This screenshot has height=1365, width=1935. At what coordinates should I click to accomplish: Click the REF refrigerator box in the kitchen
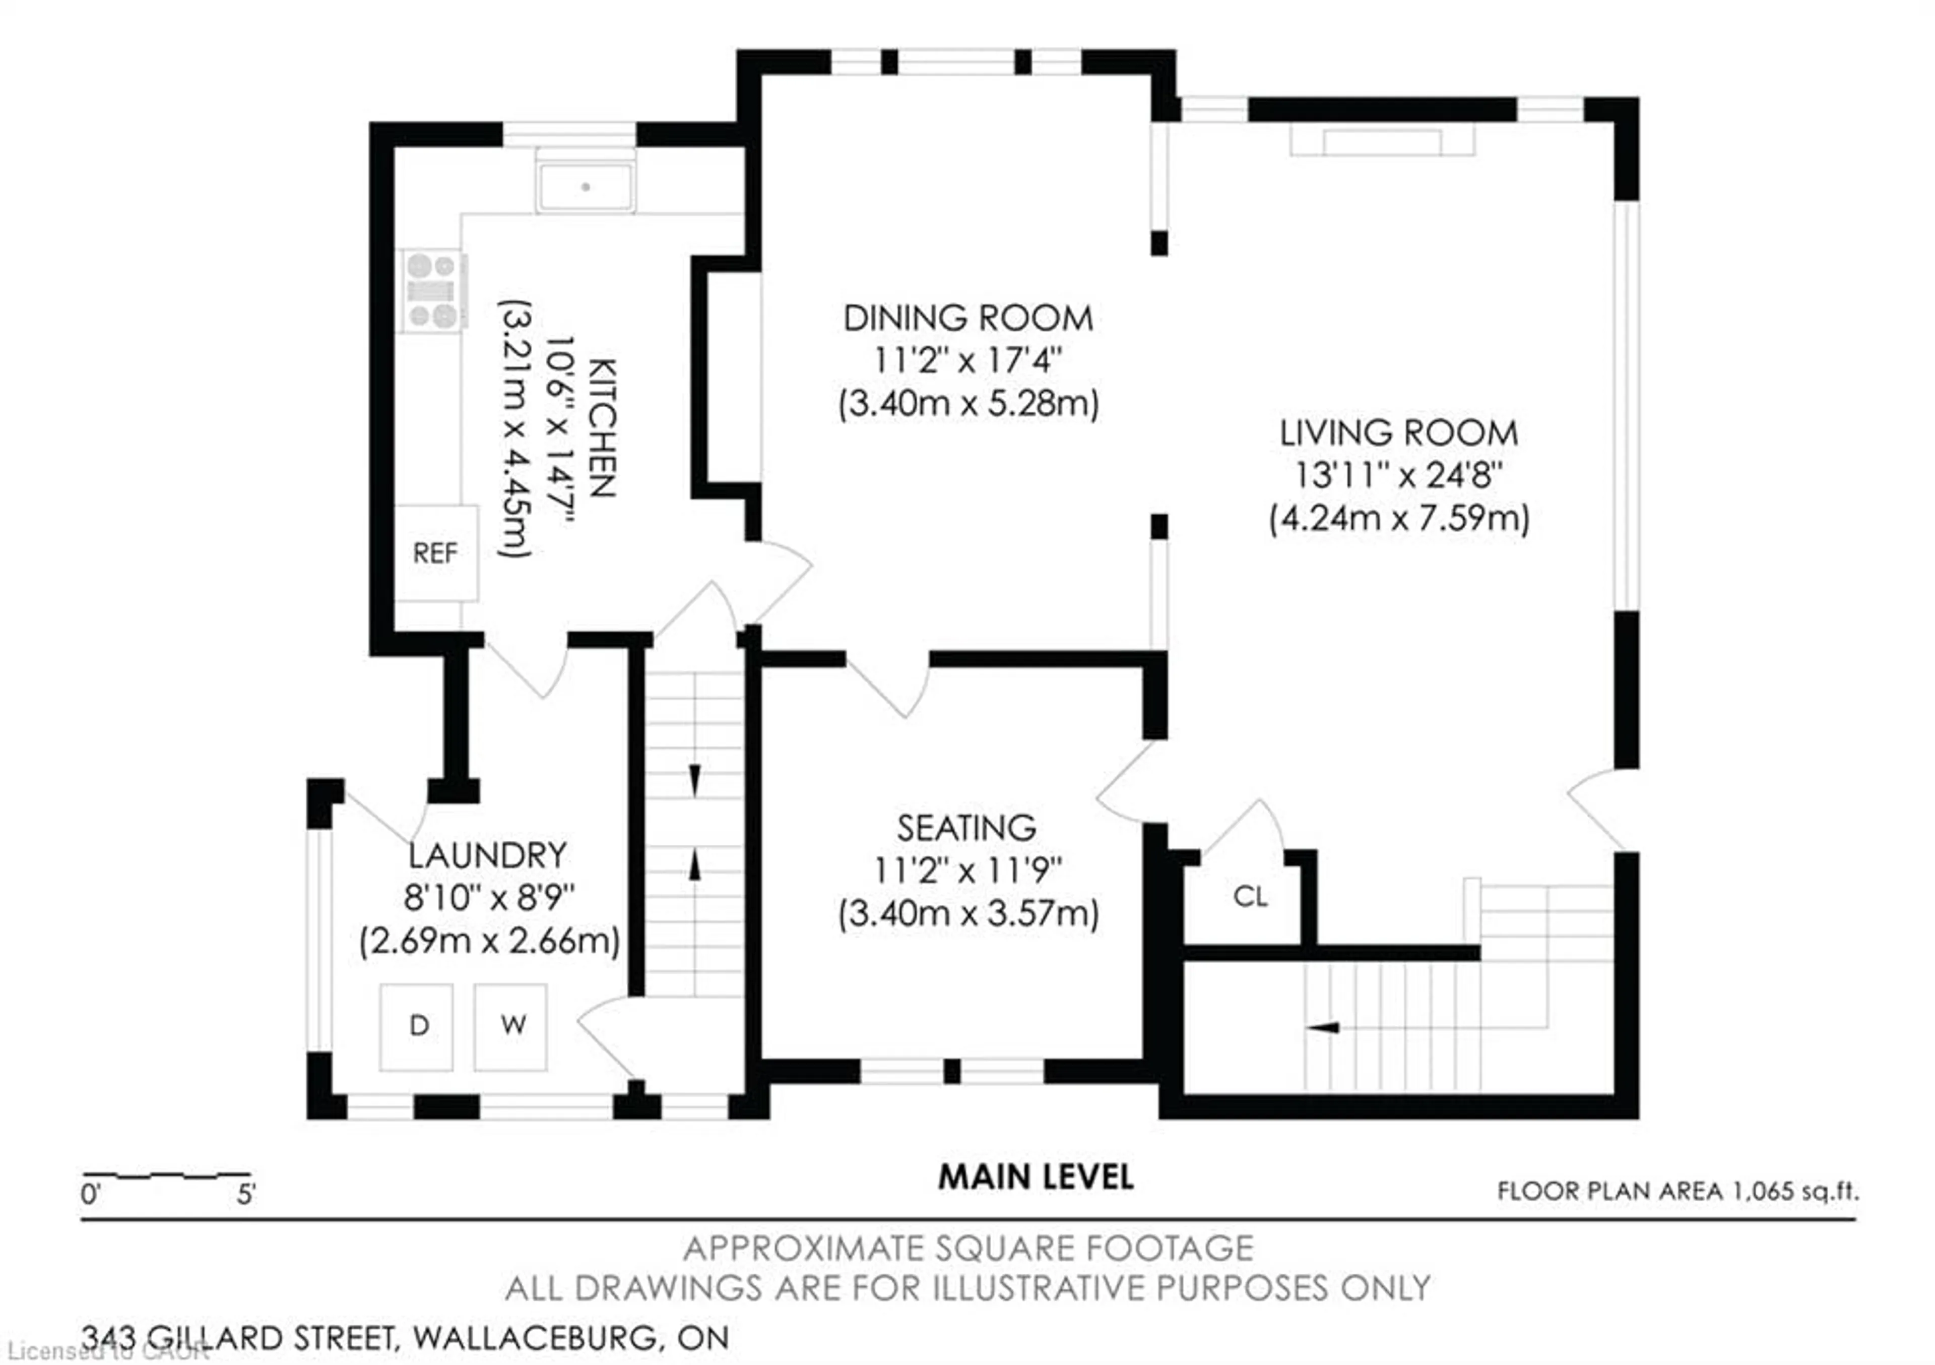[x=436, y=553]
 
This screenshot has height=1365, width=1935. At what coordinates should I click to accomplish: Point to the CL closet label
[x=1250, y=896]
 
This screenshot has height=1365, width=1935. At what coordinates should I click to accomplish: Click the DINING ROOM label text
[x=969, y=319]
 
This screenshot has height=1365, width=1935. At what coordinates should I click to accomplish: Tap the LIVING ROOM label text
[x=1399, y=433]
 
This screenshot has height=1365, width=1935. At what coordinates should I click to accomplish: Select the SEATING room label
[x=966, y=829]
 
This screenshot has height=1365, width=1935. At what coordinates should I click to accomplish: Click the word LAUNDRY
[x=488, y=856]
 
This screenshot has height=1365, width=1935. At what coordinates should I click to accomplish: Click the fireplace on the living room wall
[x=1382, y=142]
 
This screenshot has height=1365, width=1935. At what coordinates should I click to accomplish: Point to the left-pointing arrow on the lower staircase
[x=1323, y=1028]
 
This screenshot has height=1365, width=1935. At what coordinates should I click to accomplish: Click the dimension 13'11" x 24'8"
[x=1399, y=475]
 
